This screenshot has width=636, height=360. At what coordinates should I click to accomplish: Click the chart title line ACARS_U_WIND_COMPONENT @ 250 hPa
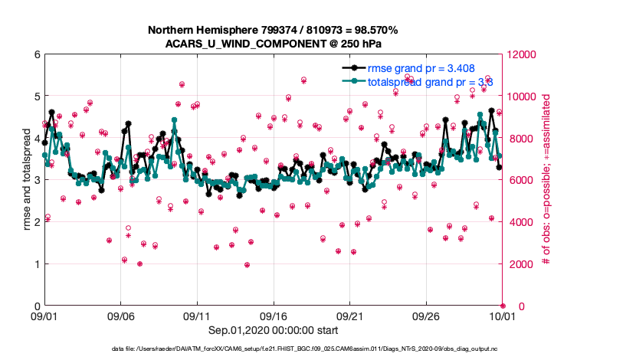pos(273,44)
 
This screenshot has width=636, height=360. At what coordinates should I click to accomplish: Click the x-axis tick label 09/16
pos(274,316)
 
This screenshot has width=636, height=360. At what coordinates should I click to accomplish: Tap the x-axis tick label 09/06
pos(121,316)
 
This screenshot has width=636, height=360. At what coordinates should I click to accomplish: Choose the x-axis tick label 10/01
pos(503,316)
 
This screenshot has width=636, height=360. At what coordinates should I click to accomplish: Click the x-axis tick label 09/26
pos(426,316)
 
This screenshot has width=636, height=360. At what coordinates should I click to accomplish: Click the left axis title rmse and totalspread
pos(25,181)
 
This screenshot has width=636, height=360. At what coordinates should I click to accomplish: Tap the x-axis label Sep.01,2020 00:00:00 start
pos(273,329)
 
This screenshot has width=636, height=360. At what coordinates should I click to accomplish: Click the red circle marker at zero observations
pos(503,306)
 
